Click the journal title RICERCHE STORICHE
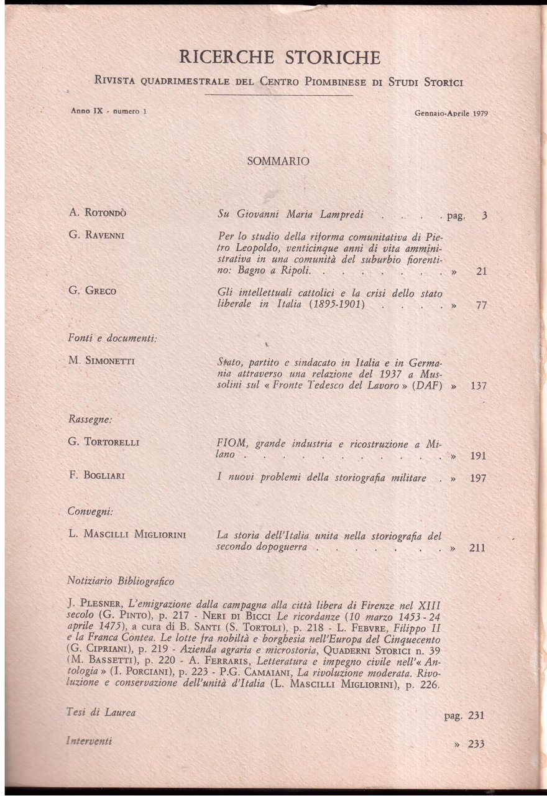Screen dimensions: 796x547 click(279, 58)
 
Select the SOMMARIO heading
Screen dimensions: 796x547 click(278, 160)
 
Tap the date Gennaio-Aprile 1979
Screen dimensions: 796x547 click(449, 114)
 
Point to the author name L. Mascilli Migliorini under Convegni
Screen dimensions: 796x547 click(129, 533)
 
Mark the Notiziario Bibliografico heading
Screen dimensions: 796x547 click(121, 581)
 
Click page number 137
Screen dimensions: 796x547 click(478, 386)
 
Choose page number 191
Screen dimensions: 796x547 click(478, 456)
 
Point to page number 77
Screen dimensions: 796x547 click(480, 306)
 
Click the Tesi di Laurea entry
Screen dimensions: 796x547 click(101, 712)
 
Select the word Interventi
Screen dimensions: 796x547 click(91, 742)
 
